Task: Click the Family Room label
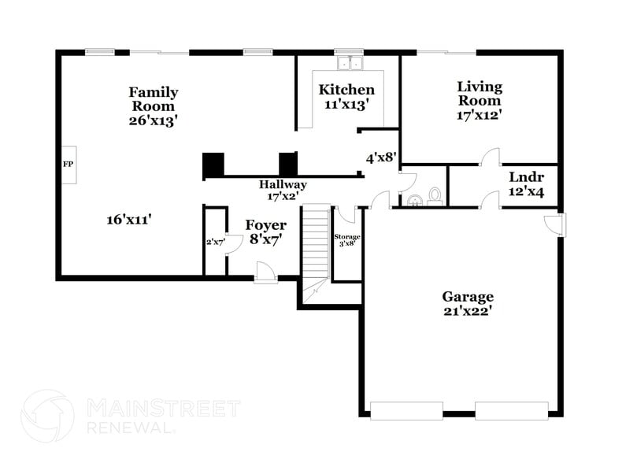(154, 99)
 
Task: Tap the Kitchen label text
(346, 90)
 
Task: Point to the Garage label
(468, 296)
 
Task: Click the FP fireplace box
(68, 165)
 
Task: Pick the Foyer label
(266, 225)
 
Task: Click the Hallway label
(283, 184)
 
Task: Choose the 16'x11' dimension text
(129, 220)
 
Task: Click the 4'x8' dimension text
(380, 157)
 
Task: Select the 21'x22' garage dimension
(468, 310)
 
